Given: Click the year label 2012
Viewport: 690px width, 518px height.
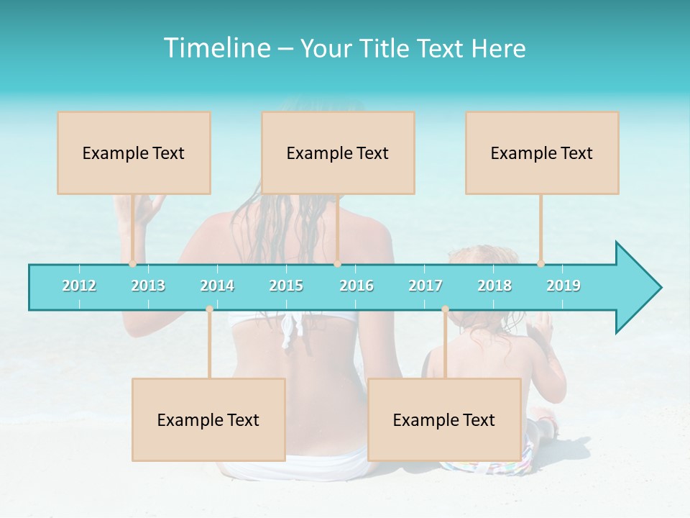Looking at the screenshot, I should coord(79,286).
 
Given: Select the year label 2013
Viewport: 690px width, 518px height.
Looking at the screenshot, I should coord(148,286).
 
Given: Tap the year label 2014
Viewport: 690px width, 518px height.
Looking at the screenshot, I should coord(217,286).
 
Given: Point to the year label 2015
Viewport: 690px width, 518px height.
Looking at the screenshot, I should coord(286,286).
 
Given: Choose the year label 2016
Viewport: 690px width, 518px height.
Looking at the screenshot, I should coord(356,286).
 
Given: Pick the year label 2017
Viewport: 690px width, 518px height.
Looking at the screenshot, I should coord(425,286).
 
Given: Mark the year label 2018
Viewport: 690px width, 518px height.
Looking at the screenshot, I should coord(494,286).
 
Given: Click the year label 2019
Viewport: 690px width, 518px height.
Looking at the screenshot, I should coord(563,286).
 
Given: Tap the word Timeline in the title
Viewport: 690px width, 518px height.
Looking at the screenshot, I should coord(215,48).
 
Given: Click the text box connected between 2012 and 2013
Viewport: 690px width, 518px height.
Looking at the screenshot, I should coord(134,153).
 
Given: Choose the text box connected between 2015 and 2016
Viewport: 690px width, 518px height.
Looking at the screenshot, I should coord(338,153).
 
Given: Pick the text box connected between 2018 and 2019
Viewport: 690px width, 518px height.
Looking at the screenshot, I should coord(542,153).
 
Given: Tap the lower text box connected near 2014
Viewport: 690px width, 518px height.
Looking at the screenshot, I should coord(208,419).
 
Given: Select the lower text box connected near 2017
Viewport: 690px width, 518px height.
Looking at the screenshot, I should coord(444,419).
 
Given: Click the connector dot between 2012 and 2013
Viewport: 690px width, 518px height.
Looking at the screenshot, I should coord(132,264).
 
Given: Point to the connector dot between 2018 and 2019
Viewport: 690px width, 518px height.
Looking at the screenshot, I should coord(540,264).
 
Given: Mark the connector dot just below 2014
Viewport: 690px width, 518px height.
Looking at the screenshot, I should coord(209,309).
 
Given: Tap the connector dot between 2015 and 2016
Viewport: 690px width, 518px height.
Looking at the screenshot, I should coord(337,264).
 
